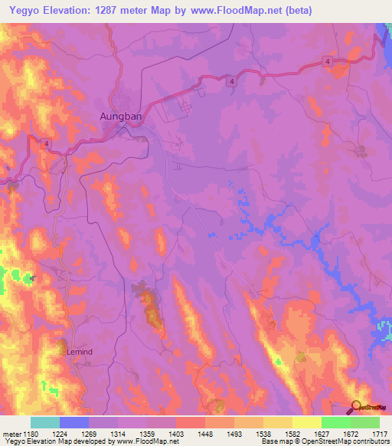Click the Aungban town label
(x=121, y=117)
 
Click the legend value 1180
(x=30, y=433)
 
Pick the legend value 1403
(x=175, y=433)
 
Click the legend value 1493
(x=234, y=433)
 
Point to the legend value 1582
(x=292, y=433)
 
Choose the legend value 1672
(x=350, y=433)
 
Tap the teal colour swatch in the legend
(x=44, y=422)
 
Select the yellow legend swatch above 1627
(x=306, y=422)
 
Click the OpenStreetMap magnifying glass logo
(x=354, y=407)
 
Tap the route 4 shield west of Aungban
(x=46, y=143)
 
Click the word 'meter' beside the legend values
(x=9, y=433)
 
